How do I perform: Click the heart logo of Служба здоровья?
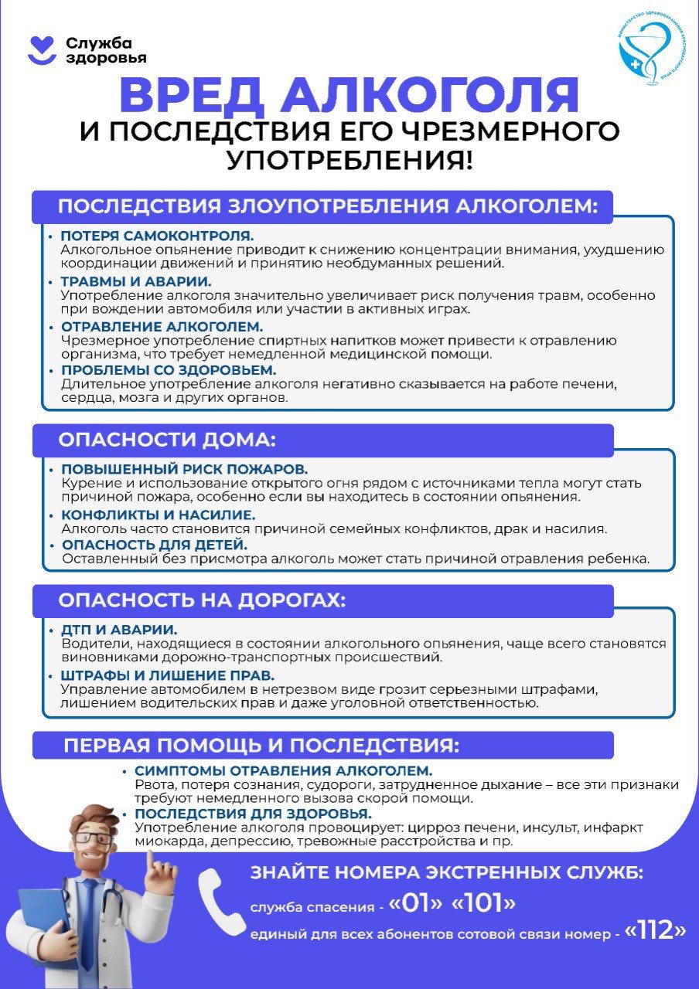pyautogui.click(x=42, y=50)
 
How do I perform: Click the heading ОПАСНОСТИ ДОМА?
pyautogui.click(x=167, y=440)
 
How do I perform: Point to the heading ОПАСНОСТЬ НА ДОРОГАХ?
pyautogui.click(x=202, y=600)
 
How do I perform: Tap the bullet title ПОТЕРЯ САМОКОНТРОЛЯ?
pyautogui.click(x=157, y=236)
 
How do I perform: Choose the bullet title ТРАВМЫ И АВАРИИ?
pyautogui.click(x=136, y=281)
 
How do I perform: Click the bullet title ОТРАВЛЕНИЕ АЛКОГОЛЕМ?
pyautogui.click(x=162, y=326)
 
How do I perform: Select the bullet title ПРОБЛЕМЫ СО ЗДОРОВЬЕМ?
pyautogui.click(x=169, y=371)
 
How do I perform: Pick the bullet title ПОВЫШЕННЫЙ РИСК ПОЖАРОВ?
pyautogui.click(x=184, y=469)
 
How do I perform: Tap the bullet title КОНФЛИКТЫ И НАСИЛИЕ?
pyautogui.click(x=158, y=515)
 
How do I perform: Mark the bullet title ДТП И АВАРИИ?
pyautogui.click(x=119, y=629)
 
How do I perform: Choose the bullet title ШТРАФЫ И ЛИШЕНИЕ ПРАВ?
pyautogui.click(x=168, y=675)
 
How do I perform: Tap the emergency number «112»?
pyautogui.click(x=655, y=931)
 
